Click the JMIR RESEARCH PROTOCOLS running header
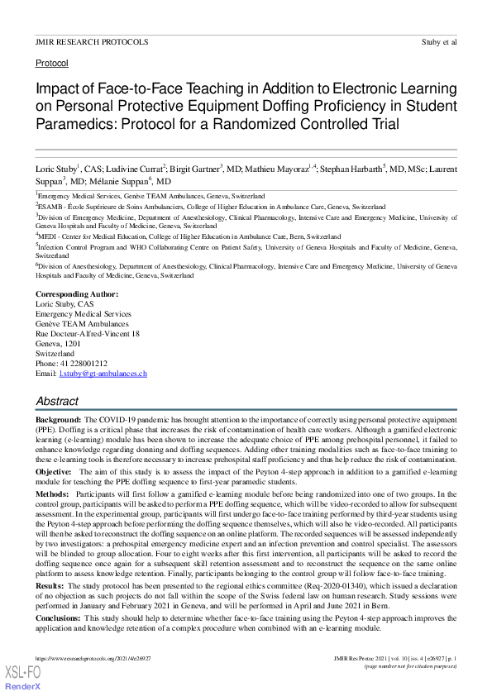(92, 41)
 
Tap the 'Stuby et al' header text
(438, 41)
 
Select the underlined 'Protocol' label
(51, 63)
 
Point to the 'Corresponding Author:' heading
(77, 294)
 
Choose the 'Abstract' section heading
(57, 401)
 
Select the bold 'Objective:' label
(53, 470)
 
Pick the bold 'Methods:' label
(52, 493)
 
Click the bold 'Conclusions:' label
(58, 616)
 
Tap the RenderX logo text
(21, 687)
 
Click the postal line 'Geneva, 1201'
(59, 344)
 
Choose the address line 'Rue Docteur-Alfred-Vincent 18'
(88, 334)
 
